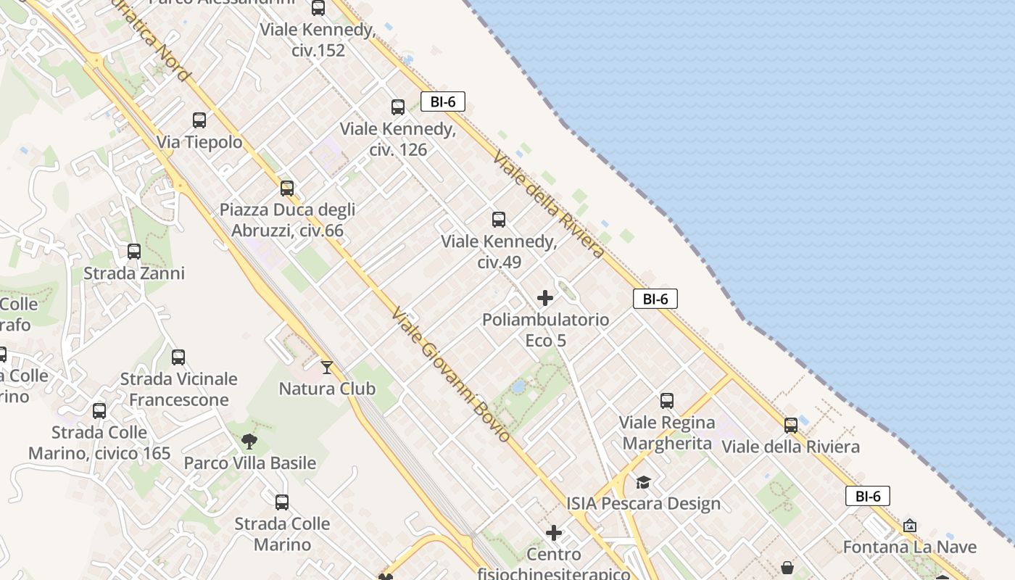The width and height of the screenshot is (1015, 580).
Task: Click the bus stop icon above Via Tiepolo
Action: click(x=199, y=120)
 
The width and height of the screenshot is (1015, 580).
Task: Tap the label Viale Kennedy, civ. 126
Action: click(x=398, y=139)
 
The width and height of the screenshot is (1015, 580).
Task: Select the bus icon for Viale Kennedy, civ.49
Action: click(x=499, y=220)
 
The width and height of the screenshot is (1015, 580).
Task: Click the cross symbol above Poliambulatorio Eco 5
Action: click(x=545, y=298)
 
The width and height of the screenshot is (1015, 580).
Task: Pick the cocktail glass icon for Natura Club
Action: click(x=327, y=368)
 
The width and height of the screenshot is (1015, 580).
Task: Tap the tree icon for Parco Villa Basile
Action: click(x=249, y=442)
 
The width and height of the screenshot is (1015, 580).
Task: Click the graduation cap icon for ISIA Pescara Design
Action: click(x=643, y=482)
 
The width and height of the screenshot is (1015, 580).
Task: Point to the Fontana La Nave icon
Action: click(x=910, y=526)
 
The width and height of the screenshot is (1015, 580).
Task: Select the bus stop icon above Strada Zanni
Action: click(x=134, y=252)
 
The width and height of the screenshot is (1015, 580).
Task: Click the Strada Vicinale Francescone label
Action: click(x=179, y=389)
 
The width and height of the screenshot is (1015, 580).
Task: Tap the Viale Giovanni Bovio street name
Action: click(x=451, y=375)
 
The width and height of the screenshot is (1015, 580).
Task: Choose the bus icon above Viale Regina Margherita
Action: click(x=667, y=400)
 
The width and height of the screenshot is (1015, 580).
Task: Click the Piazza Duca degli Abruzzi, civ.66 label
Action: click(x=288, y=220)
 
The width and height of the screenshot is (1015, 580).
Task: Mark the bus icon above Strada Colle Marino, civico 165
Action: click(x=99, y=411)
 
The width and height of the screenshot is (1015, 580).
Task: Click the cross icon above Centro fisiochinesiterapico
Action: click(x=554, y=534)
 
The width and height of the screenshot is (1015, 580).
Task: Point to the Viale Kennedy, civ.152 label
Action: click(x=317, y=41)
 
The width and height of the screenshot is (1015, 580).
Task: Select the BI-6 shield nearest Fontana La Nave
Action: click(x=867, y=496)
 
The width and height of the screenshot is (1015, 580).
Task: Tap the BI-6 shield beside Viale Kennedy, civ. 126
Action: click(x=442, y=101)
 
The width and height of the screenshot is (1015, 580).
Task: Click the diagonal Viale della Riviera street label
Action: click(x=548, y=205)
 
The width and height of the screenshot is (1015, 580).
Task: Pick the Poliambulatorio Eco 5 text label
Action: click(x=545, y=330)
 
